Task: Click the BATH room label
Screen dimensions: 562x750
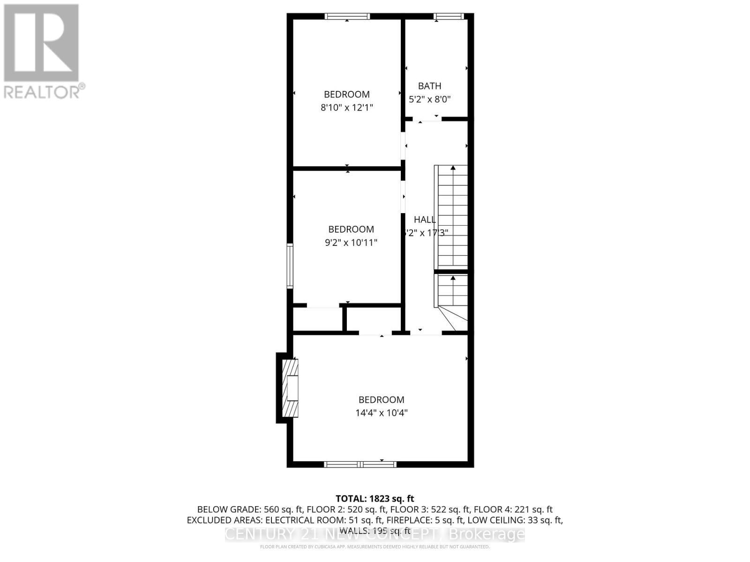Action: (429, 86)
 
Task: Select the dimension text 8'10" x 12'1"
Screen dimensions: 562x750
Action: (346, 108)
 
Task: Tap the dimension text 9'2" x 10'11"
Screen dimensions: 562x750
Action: (351, 243)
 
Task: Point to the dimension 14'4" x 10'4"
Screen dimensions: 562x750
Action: (381, 413)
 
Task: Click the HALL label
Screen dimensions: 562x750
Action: (425, 219)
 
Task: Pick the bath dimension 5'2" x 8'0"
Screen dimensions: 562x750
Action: (429, 99)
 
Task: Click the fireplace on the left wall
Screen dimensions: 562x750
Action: (288, 388)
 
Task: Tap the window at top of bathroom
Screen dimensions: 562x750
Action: (448, 16)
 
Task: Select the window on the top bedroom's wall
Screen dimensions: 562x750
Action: (347, 16)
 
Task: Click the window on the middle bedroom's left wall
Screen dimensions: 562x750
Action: (290, 266)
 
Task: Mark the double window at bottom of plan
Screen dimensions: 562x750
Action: (360, 464)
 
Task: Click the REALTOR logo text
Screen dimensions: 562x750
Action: (45, 91)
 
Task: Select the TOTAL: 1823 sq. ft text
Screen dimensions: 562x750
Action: (375, 499)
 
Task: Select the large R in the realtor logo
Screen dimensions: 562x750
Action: (41, 42)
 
